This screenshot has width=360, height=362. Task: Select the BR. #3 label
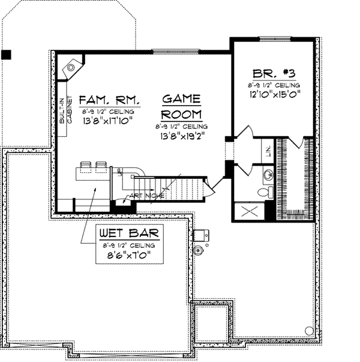tap(273, 74)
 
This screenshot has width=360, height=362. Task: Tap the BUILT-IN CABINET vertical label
tap(65, 111)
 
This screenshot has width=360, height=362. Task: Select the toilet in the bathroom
tap(262, 192)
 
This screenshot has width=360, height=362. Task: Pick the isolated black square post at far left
tap(6, 55)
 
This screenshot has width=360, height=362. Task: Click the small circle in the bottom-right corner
tap(308, 330)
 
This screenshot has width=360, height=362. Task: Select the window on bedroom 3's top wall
tap(274, 39)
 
